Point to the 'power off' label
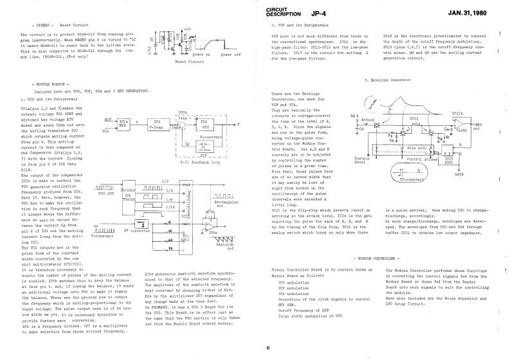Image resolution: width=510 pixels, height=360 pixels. [231, 55]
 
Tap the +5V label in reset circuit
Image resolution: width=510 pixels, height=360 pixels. [187, 30]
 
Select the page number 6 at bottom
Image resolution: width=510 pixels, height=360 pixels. [268, 348]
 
